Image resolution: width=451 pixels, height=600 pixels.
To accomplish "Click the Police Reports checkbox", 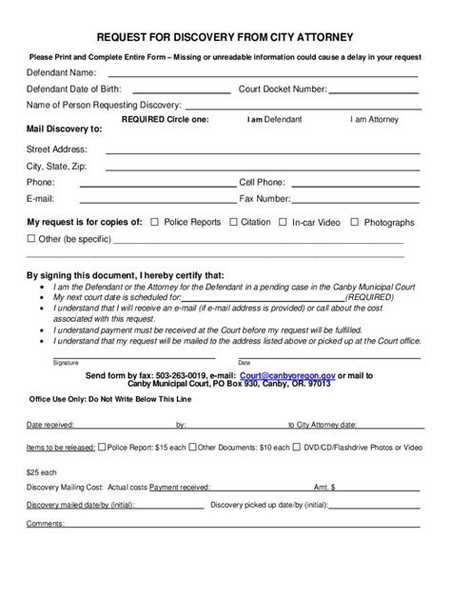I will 155,222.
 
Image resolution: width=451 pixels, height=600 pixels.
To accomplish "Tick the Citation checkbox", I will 233,222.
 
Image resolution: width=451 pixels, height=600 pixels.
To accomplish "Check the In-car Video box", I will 284,222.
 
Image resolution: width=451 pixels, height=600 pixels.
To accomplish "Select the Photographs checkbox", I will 354,222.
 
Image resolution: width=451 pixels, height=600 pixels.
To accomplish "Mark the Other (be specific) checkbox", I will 31,238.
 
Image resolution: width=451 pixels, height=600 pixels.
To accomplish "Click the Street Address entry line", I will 262,151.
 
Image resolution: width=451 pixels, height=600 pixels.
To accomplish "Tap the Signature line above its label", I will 133,356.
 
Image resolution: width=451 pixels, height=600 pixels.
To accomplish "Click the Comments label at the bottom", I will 45,523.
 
